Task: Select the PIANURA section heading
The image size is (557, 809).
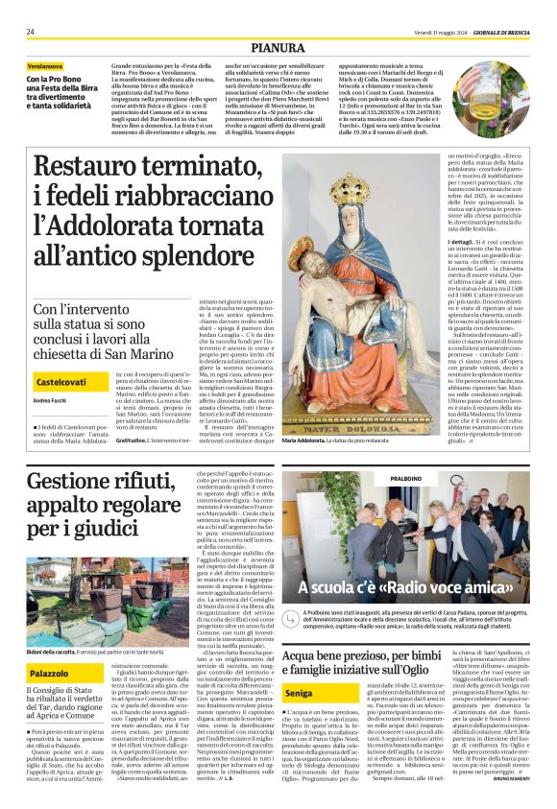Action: point(278,46)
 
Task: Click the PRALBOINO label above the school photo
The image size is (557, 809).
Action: point(409,477)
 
